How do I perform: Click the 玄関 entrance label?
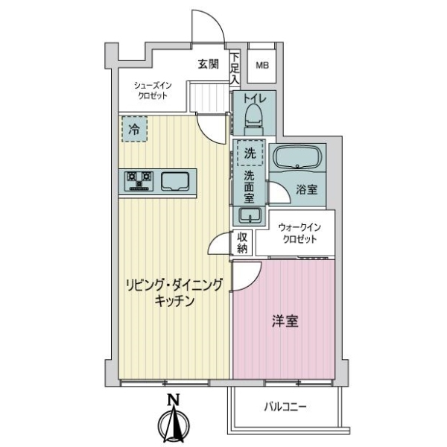point(208,64)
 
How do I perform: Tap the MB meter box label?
point(261,65)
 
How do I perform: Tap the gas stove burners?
point(139,179)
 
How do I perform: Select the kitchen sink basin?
point(176,180)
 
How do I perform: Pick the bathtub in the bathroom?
point(296,157)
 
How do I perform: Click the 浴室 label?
point(307,189)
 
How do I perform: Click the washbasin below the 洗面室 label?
point(250,215)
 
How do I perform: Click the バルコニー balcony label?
point(285,407)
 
